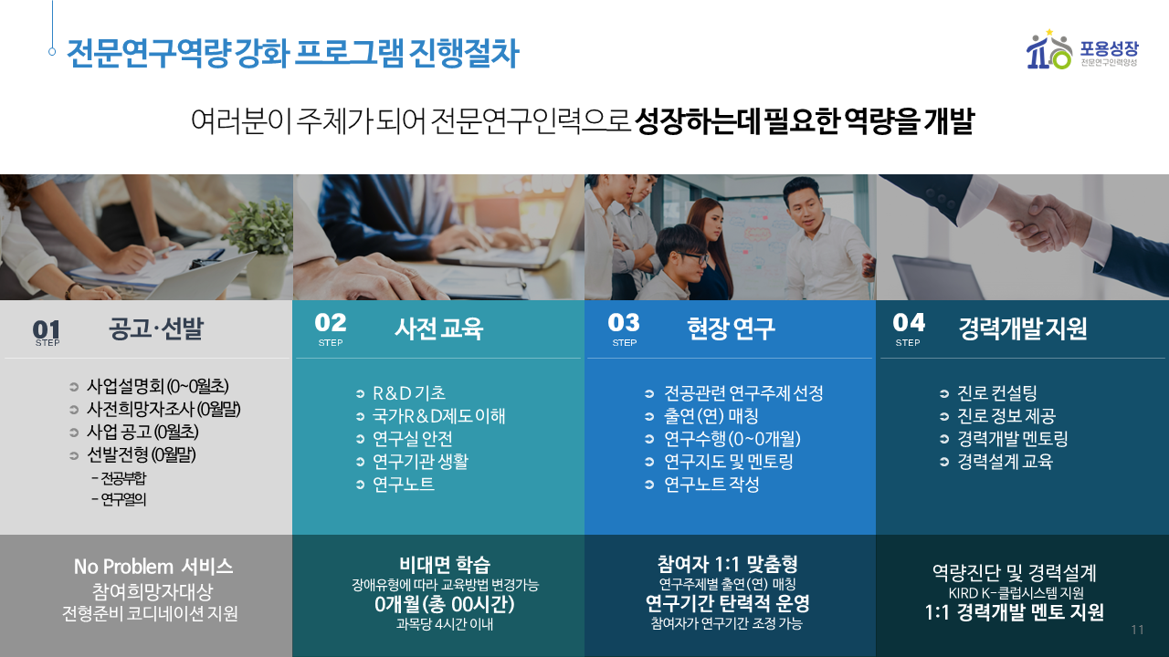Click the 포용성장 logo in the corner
point(1082,49)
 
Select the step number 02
point(331,322)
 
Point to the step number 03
point(624,322)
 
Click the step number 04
point(909,322)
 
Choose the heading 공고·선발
point(156,328)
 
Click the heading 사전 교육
point(439,328)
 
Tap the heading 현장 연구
point(731,328)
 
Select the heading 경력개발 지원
point(1023,328)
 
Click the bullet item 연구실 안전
point(412,439)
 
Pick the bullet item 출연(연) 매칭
point(711,416)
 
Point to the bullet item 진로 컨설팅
point(996,393)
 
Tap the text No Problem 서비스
point(153,567)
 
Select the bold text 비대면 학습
point(445,564)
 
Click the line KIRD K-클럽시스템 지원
point(1016,593)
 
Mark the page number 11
point(1138,630)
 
